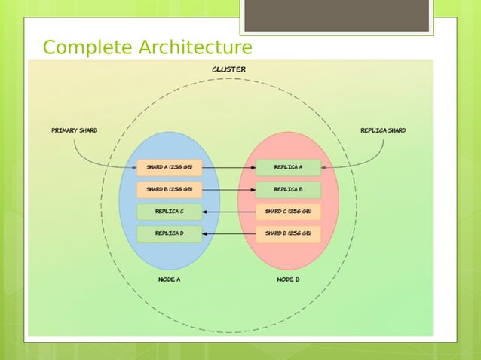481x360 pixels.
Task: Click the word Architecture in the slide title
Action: pyautogui.click(x=194, y=48)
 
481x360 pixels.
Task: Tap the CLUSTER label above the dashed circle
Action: pyautogui.click(x=228, y=69)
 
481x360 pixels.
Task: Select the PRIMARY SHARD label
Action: pyautogui.click(x=74, y=130)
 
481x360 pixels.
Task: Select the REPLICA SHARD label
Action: pyautogui.click(x=383, y=130)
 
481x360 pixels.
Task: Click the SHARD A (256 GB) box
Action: pyautogui.click(x=170, y=166)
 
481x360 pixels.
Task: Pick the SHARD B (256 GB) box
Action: pyautogui.click(x=170, y=188)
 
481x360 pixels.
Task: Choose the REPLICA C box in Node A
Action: pyautogui.click(x=170, y=211)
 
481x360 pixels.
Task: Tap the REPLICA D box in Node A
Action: pyautogui.click(x=170, y=233)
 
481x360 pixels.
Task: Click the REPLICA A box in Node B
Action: pyautogui.click(x=288, y=166)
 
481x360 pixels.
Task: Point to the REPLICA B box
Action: pyautogui.click(x=288, y=188)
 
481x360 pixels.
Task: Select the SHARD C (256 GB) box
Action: pyautogui.click(x=288, y=211)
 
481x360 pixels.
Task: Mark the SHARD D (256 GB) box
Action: pyautogui.click(x=288, y=233)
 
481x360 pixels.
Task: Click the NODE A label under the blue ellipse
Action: pyautogui.click(x=169, y=279)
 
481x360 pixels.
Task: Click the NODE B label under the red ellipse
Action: pyautogui.click(x=288, y=279)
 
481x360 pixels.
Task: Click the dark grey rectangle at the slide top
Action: pyautogui.click(x=336, y=15)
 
